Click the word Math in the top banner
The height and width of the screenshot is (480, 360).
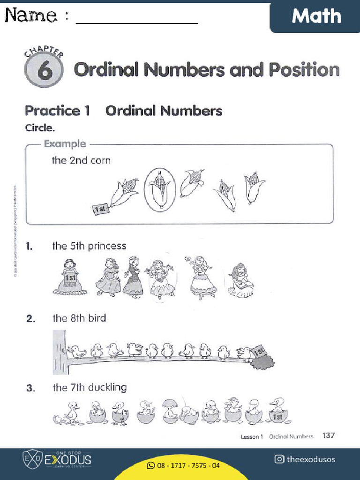(316, 16)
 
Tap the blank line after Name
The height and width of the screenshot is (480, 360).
(136, 22)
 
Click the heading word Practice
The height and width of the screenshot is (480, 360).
(52, 111)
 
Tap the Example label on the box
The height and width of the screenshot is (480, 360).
(65, 144)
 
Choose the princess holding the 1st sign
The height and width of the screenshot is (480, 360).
(70, 277)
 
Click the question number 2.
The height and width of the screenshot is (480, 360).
(30, 319)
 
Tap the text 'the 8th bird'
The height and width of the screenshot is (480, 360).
(79, 318)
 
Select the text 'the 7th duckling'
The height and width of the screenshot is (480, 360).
(90, 388)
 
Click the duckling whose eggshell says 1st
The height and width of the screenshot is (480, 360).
(278, 411)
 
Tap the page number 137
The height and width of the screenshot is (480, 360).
(329, 435)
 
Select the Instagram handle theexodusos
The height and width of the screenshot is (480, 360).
(311, 459)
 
